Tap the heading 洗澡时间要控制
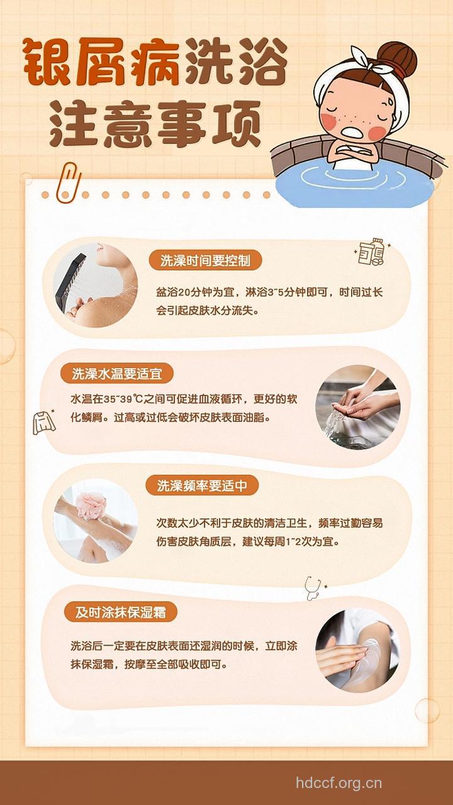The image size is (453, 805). click(204, 260)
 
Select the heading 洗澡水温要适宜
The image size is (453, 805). click(116, 374)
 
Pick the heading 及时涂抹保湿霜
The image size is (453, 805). click(120, 612)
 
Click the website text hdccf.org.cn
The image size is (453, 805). click(339, 783)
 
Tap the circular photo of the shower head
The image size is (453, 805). click(95, 286)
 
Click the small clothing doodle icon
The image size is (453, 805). click(44, 421)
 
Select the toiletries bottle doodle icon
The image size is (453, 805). click(371, 251)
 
